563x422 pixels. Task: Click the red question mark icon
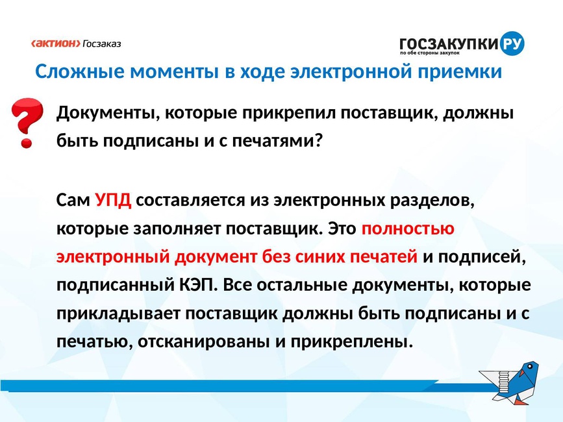pos(27,122)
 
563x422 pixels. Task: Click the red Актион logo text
pos(56,43)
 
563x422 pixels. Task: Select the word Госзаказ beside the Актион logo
pos(102,43)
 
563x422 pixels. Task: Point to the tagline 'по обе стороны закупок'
pos(430,53)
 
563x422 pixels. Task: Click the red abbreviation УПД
pos(113,200)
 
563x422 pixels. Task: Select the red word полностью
pos(408,229)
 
